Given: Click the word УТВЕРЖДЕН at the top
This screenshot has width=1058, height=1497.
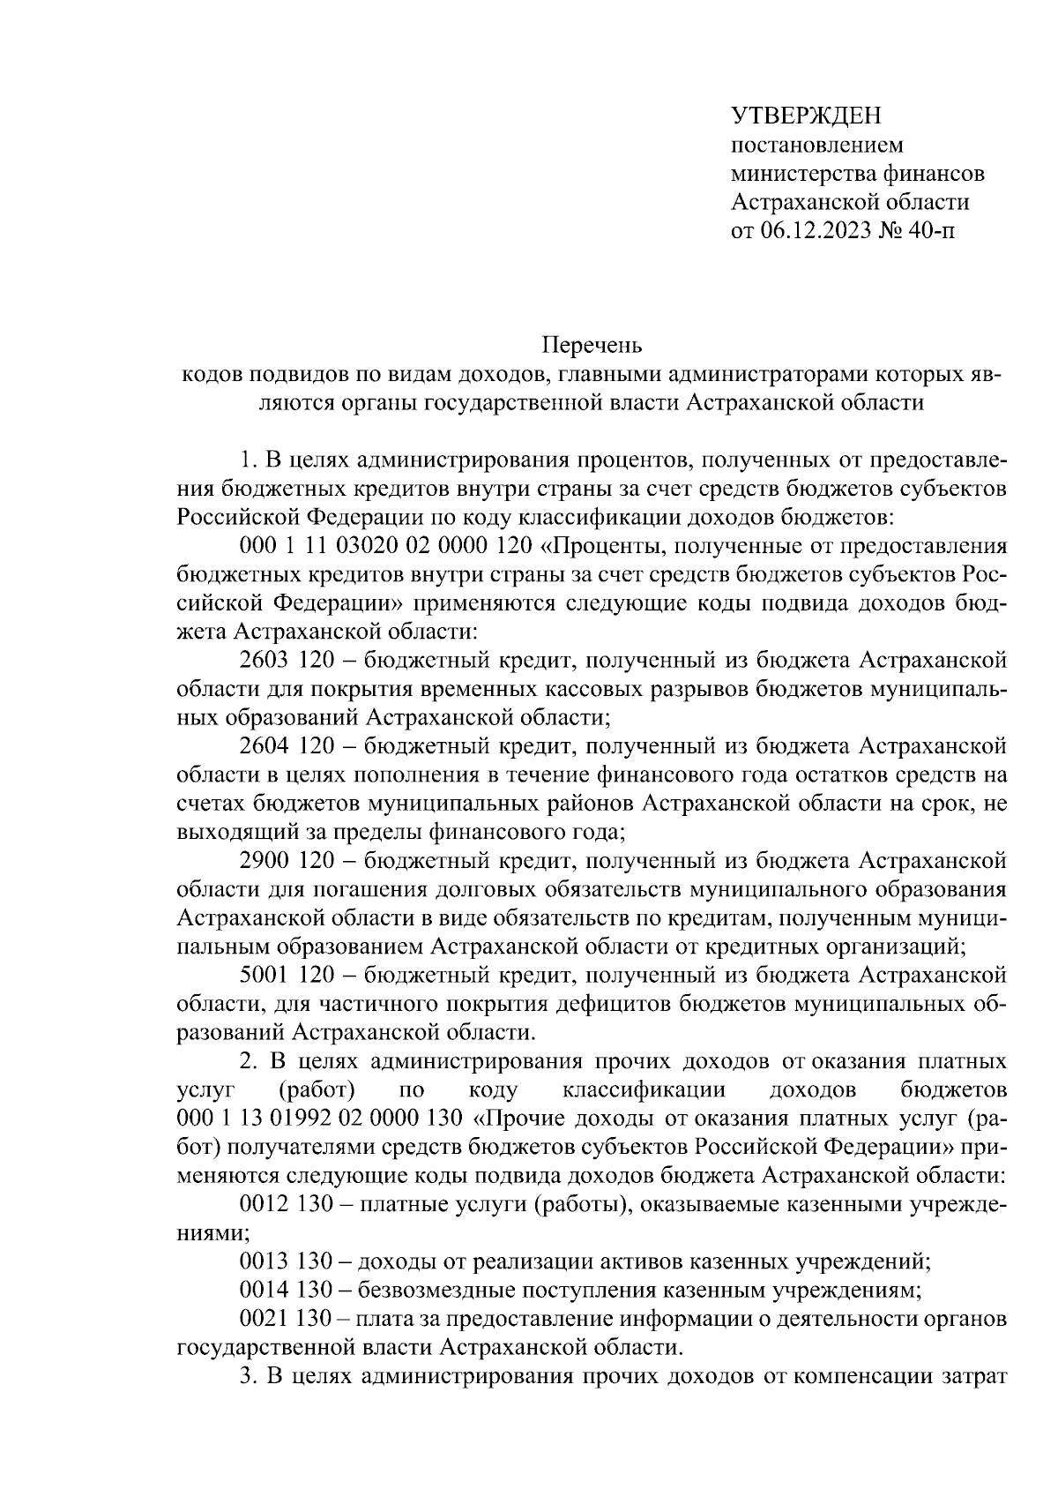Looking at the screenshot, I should coord(807,116).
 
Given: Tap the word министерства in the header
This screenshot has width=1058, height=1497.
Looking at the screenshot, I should coord(795,174).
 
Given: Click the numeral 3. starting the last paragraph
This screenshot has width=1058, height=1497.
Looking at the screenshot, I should coord(249,1377).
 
